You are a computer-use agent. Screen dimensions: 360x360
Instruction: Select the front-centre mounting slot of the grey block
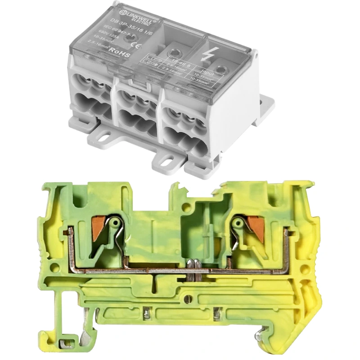point(170,158)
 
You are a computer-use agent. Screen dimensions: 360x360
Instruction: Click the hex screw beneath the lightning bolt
point(220,69)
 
